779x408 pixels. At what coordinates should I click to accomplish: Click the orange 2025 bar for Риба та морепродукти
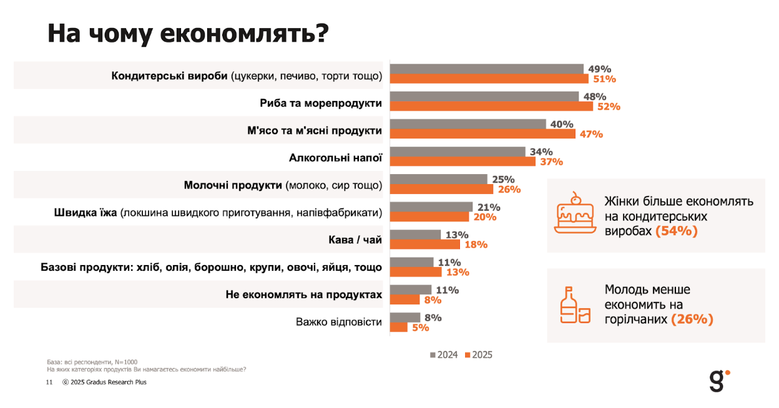[491, 107]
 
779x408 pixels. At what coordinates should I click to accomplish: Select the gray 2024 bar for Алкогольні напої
[458, 152]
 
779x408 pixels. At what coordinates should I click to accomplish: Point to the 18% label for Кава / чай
[476, 245]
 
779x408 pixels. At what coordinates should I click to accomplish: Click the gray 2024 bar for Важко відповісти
[405, 318]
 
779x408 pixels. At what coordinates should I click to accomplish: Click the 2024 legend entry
[444, 355]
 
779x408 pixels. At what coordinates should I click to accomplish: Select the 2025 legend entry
[479, 355]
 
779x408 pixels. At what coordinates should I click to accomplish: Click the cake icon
[573, 213]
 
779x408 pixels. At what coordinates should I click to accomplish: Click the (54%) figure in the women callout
[676, 231]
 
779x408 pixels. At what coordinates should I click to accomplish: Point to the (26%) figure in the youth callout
[692, 319]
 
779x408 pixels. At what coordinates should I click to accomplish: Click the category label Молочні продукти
[233, 185]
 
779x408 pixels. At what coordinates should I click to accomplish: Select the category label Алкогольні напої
[335, 158]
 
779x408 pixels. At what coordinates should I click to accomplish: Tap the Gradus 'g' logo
[718, 380]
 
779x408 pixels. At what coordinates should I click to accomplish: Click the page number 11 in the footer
[49, 382]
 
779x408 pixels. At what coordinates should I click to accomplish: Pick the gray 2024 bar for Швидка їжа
[431, 207]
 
